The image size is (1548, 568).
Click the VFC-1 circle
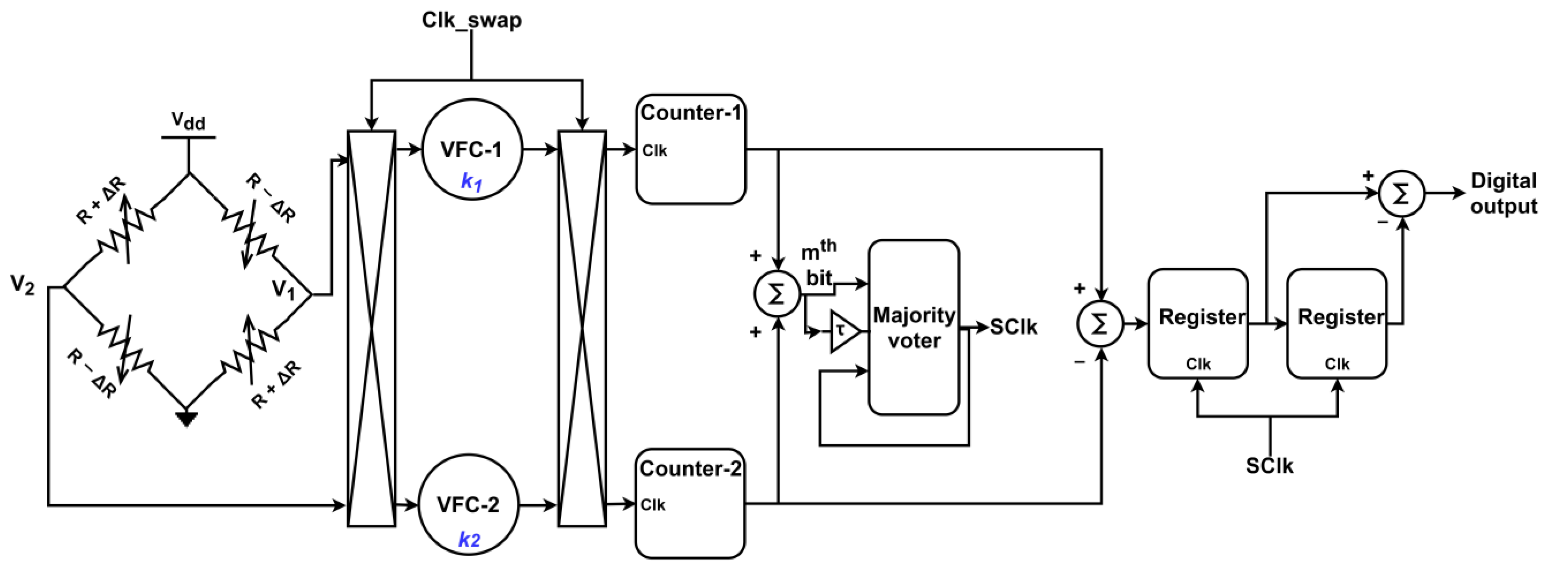click(x=472, y=149)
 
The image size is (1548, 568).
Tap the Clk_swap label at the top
click(x=472, y=20)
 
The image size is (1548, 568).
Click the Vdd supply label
click(x=188, y=121)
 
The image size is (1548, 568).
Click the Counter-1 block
click(x=691, y=149)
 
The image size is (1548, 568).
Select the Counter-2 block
click(x=690, y=504)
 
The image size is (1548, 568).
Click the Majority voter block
click(x=914, y=328)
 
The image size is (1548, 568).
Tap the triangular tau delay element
click(x=844, y=331)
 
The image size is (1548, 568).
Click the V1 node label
click(x=284, y=290)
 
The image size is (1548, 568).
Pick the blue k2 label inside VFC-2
click(x=469, y=540)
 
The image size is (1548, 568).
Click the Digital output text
click(x=1503, y=194)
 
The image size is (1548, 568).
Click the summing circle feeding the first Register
click(x=1100, y=325)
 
